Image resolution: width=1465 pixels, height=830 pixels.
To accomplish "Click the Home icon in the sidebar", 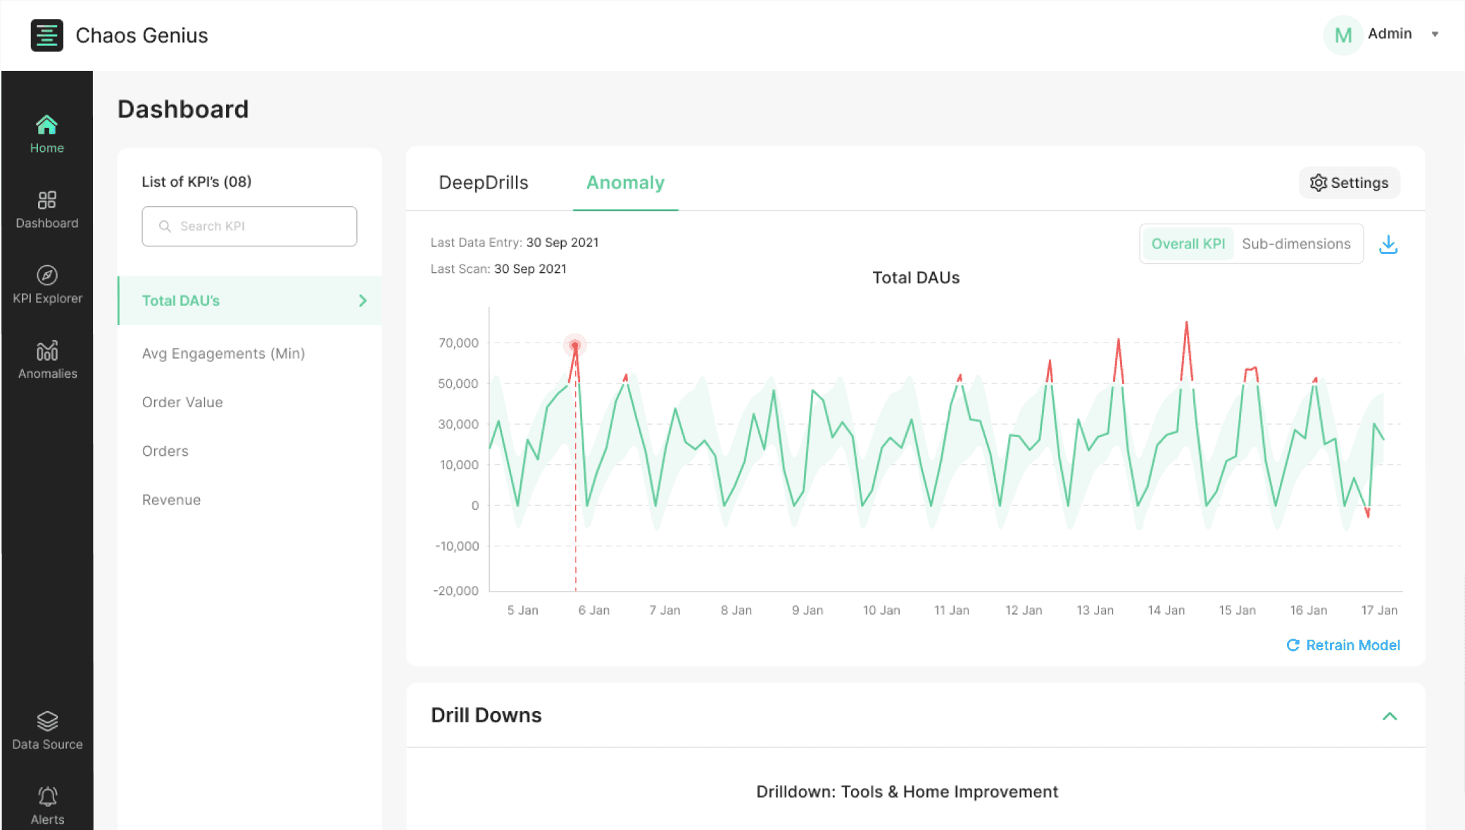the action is [x=46, y=125].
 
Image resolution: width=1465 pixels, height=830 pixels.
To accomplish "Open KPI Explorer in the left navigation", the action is [x=47, y=284].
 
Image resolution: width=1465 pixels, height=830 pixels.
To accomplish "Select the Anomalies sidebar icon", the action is [x=47, y=350].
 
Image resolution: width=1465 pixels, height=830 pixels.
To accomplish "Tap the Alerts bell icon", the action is [x=47, y=796].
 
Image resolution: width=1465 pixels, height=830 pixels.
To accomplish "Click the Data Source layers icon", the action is [x=47, y=721].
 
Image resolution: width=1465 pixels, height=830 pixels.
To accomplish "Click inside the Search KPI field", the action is [x=249, y=226].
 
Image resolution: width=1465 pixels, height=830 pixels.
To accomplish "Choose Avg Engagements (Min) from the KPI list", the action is [x=223, y=353].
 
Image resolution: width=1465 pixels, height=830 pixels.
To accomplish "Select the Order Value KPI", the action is [x=182, y=402].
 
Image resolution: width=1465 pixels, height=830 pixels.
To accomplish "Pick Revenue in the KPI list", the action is [x=171, y=500].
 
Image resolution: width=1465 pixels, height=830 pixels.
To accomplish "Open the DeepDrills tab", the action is [x=484, y=183].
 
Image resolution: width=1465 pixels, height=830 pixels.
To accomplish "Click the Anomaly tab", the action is [x=625, y=183].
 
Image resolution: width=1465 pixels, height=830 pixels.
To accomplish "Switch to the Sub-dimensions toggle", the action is [x=1296, y=244].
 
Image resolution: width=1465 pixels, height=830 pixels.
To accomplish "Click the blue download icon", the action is [x=1388, y=245].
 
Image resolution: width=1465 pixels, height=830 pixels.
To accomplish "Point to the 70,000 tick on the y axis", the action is [x=458, y=343].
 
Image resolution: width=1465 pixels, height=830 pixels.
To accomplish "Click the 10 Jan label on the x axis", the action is [x=881, y=611].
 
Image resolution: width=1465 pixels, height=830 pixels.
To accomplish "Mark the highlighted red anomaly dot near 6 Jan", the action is [x=575, y=345].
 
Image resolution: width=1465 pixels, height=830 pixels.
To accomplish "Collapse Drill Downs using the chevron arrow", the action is [x=1390, y=716].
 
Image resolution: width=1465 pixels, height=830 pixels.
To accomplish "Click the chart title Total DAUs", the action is [x=916, y=278].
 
